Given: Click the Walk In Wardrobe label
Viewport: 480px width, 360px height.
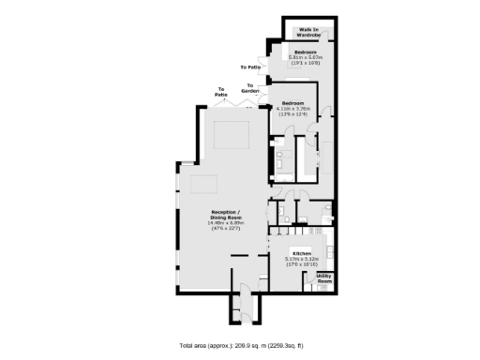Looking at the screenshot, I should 308,33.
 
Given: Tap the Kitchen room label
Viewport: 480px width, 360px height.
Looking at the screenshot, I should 301,254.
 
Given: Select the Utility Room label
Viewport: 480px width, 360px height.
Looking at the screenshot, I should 323,277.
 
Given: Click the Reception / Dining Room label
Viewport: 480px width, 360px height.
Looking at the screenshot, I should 226,215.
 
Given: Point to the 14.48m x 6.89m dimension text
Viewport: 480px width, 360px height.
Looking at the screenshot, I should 226,221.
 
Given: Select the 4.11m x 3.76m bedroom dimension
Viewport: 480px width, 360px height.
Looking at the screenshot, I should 292,109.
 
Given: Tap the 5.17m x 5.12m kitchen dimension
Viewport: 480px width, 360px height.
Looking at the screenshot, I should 301,260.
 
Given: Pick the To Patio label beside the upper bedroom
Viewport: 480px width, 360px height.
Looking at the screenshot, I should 250,67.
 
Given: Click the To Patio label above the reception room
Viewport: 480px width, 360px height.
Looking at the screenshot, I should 221,94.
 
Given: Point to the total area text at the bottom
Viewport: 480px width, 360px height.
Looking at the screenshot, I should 241,345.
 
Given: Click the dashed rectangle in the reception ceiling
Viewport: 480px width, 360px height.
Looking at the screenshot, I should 228,134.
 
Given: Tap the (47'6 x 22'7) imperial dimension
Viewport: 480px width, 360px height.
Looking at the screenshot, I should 226,227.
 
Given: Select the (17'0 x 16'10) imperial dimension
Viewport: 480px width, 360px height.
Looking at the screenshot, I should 301,265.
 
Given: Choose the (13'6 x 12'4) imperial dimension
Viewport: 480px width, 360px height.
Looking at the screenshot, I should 292,114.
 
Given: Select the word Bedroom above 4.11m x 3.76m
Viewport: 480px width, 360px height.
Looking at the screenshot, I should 292,103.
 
